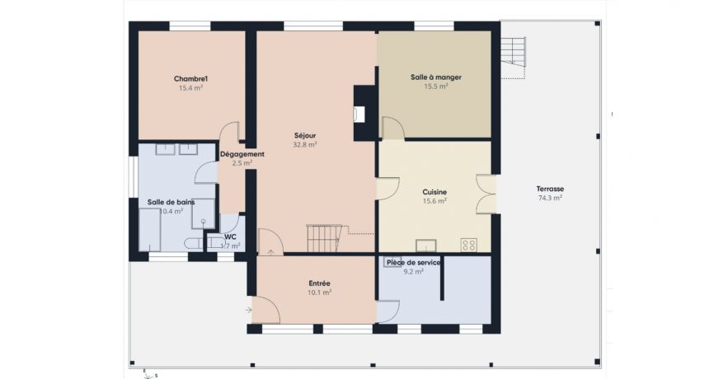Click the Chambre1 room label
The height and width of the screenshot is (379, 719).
click(190, 79)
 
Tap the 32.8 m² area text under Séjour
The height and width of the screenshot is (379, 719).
click(304, 144)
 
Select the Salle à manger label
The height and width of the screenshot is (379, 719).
click(435, 77)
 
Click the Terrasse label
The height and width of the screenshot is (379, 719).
click(550, 189)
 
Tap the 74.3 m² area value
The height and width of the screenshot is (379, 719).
click(550, 198)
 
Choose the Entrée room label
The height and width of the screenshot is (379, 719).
click(319, 283)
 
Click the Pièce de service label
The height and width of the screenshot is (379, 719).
click(413, 262)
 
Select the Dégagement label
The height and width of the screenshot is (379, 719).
click(242, 154)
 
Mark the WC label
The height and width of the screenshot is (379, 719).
click(230, 236)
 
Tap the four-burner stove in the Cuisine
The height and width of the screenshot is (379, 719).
click(469, 244)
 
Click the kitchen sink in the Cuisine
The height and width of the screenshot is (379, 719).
click(426, 244)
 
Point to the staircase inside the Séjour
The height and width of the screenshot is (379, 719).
click(323, 238)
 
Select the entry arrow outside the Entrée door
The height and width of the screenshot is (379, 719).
click(249, 310)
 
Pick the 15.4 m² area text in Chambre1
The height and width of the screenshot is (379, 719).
click(190, 87)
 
